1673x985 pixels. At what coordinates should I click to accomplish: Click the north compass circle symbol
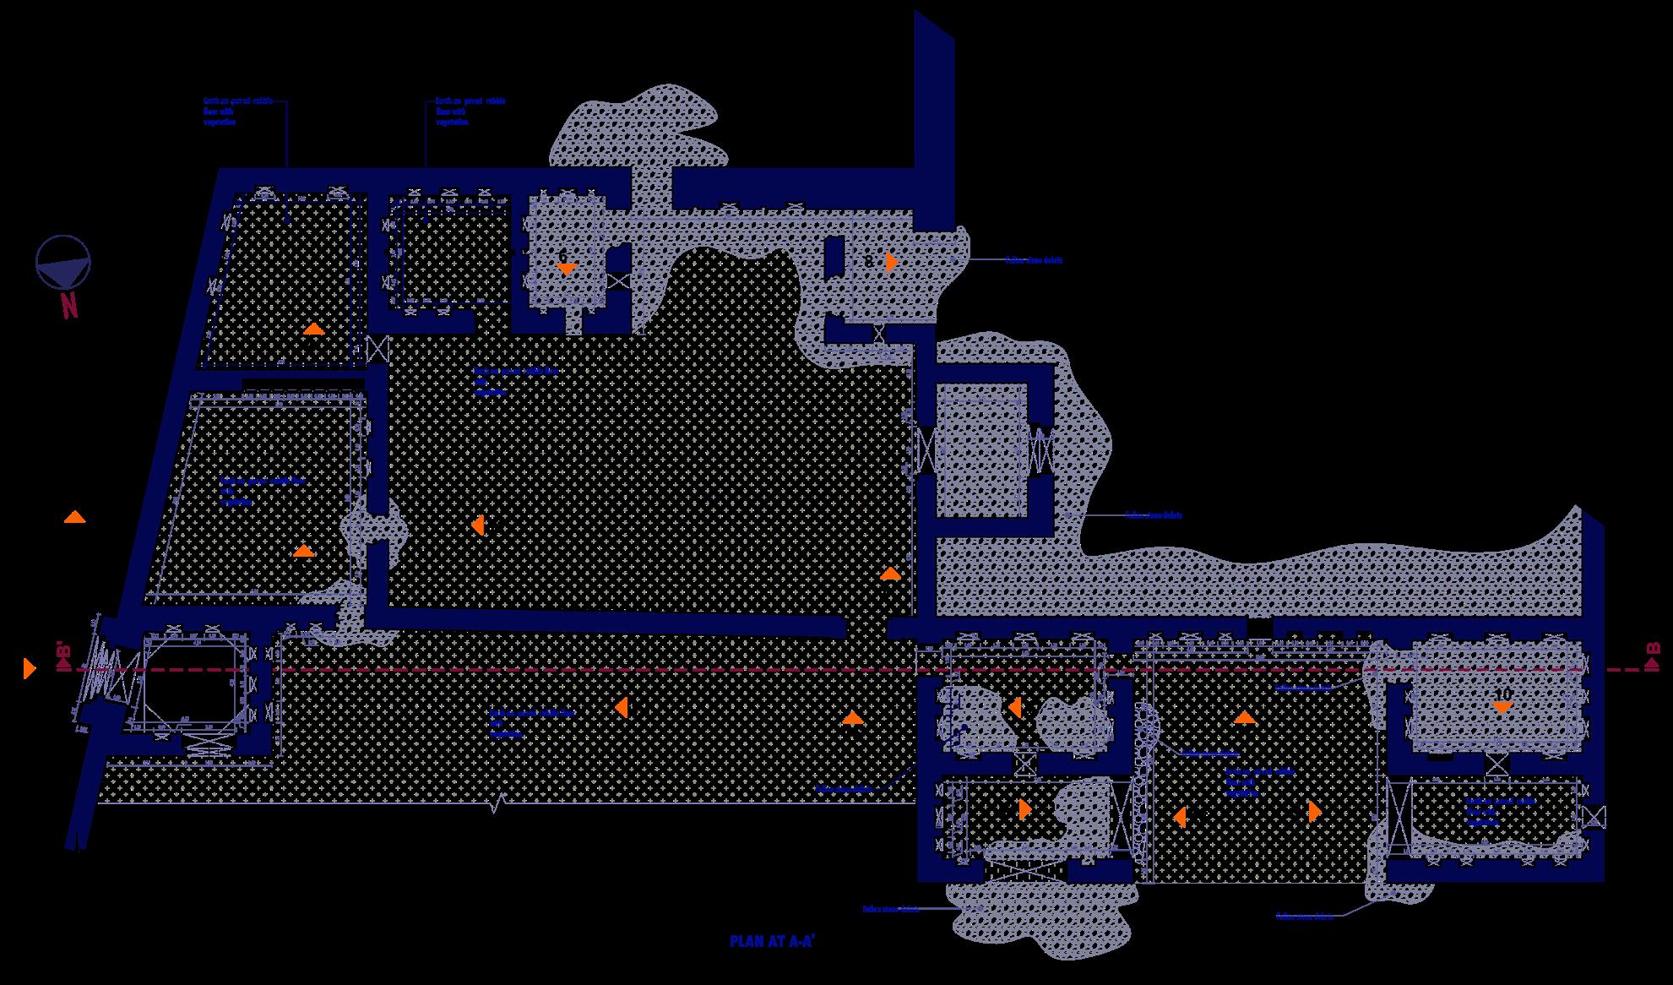tap(62, 261)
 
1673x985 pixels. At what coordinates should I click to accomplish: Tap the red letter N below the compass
tap(68, 305)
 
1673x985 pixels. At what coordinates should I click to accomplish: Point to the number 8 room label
tap(869, 262)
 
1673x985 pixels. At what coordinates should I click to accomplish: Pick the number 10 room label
tap(1502, 694)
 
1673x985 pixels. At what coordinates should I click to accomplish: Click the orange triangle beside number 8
tap(891, 262)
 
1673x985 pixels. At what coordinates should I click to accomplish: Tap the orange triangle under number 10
tap(1502, 708)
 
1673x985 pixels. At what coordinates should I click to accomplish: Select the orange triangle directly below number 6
tap(566, 269)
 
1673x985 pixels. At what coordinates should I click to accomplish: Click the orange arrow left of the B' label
tap(30, 668)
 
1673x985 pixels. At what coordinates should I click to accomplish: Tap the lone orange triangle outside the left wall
tap(74, 517)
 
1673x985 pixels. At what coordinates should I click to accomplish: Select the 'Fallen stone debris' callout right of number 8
tap(1033, 260)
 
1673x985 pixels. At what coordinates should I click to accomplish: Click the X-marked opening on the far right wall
tap(1594, 817)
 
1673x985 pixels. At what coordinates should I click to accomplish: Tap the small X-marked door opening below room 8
tap(879, 333)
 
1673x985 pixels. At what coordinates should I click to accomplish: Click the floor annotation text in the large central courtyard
tap(515, 381)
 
